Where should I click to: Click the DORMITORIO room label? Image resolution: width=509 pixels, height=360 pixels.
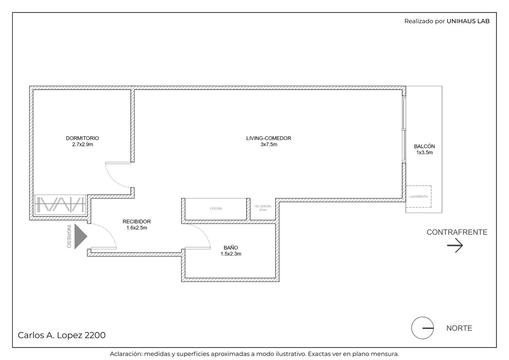point(82,138)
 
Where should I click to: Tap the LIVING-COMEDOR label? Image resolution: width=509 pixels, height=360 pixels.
point(268,138)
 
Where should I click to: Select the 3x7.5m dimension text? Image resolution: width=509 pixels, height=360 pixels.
point(269,145)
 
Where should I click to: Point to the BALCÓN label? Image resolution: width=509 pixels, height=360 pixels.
point(424,146)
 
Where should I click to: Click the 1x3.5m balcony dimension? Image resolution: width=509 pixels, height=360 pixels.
point(424,152)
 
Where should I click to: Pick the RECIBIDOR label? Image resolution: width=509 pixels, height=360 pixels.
point(136,222)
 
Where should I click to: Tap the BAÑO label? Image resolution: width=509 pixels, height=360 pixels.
point(231,248)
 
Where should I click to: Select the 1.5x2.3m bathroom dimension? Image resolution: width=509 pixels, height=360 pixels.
point(231,254)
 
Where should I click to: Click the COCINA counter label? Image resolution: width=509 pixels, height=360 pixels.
point(216,208)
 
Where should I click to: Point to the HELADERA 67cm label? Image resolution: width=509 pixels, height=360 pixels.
point(263,208)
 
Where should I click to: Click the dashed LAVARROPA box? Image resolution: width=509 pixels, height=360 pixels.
point(419,196)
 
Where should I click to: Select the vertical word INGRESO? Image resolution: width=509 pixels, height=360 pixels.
point(69,236)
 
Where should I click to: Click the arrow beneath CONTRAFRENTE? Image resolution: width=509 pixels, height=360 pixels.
point(455,245)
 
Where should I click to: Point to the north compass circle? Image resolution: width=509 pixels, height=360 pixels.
point(422,328)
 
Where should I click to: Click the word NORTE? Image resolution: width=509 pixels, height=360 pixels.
point(459,328)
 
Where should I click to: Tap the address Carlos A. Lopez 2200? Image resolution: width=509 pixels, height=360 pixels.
point(62,335)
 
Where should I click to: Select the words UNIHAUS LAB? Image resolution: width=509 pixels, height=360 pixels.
point(468,21)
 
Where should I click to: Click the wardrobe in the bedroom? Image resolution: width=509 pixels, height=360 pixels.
point(60,205)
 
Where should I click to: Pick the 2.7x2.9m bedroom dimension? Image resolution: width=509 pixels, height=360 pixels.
point(82,145)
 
